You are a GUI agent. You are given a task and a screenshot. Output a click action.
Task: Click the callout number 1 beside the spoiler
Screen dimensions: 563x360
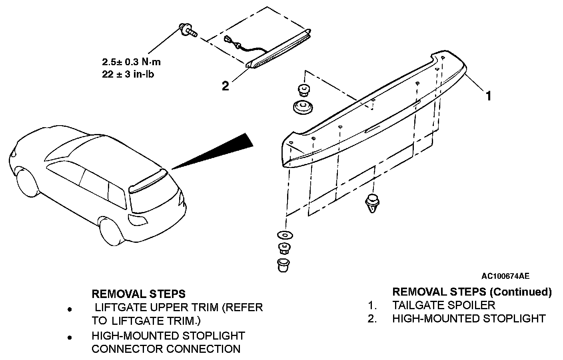pyautogui.click(x=489, y=96)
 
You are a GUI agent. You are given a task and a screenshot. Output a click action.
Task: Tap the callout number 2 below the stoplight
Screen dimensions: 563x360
pyautogui.click(x=225, y=86)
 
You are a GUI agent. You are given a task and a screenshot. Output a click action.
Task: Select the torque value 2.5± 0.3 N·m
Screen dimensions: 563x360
pyautogui.click(x=131, y=62)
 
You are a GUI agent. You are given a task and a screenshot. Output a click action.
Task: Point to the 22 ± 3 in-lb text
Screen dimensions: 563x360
pyautogui.click(x=128, y=74)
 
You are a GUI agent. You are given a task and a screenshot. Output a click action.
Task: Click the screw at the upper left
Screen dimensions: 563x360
pyautogui.click(x=188, y=30)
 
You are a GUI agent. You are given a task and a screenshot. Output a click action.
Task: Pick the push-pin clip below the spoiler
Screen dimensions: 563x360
pyautogui.click(x=372, y=203)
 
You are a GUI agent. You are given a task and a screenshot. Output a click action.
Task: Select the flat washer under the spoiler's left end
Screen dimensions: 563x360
pyautogui.click(x=285, y=235)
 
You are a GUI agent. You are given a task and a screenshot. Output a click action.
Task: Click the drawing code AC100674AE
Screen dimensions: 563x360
pyautogui.click(x=505, y=276)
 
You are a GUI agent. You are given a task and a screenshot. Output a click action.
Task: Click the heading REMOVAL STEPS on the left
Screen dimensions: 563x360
pyautogui.click(x=138, y=294)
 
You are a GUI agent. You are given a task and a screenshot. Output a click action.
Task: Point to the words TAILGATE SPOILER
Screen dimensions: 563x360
pyautogui.click(x=444, y=305)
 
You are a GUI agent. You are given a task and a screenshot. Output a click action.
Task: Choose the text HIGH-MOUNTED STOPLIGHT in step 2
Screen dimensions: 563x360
pyautogui.click(x=469, y=319)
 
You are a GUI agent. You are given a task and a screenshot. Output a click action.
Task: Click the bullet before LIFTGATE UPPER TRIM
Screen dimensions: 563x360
pyautogui.click(x=70, y=309)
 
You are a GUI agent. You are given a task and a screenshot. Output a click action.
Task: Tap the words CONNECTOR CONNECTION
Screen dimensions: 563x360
pyautogui.click(x=166, y=349)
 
